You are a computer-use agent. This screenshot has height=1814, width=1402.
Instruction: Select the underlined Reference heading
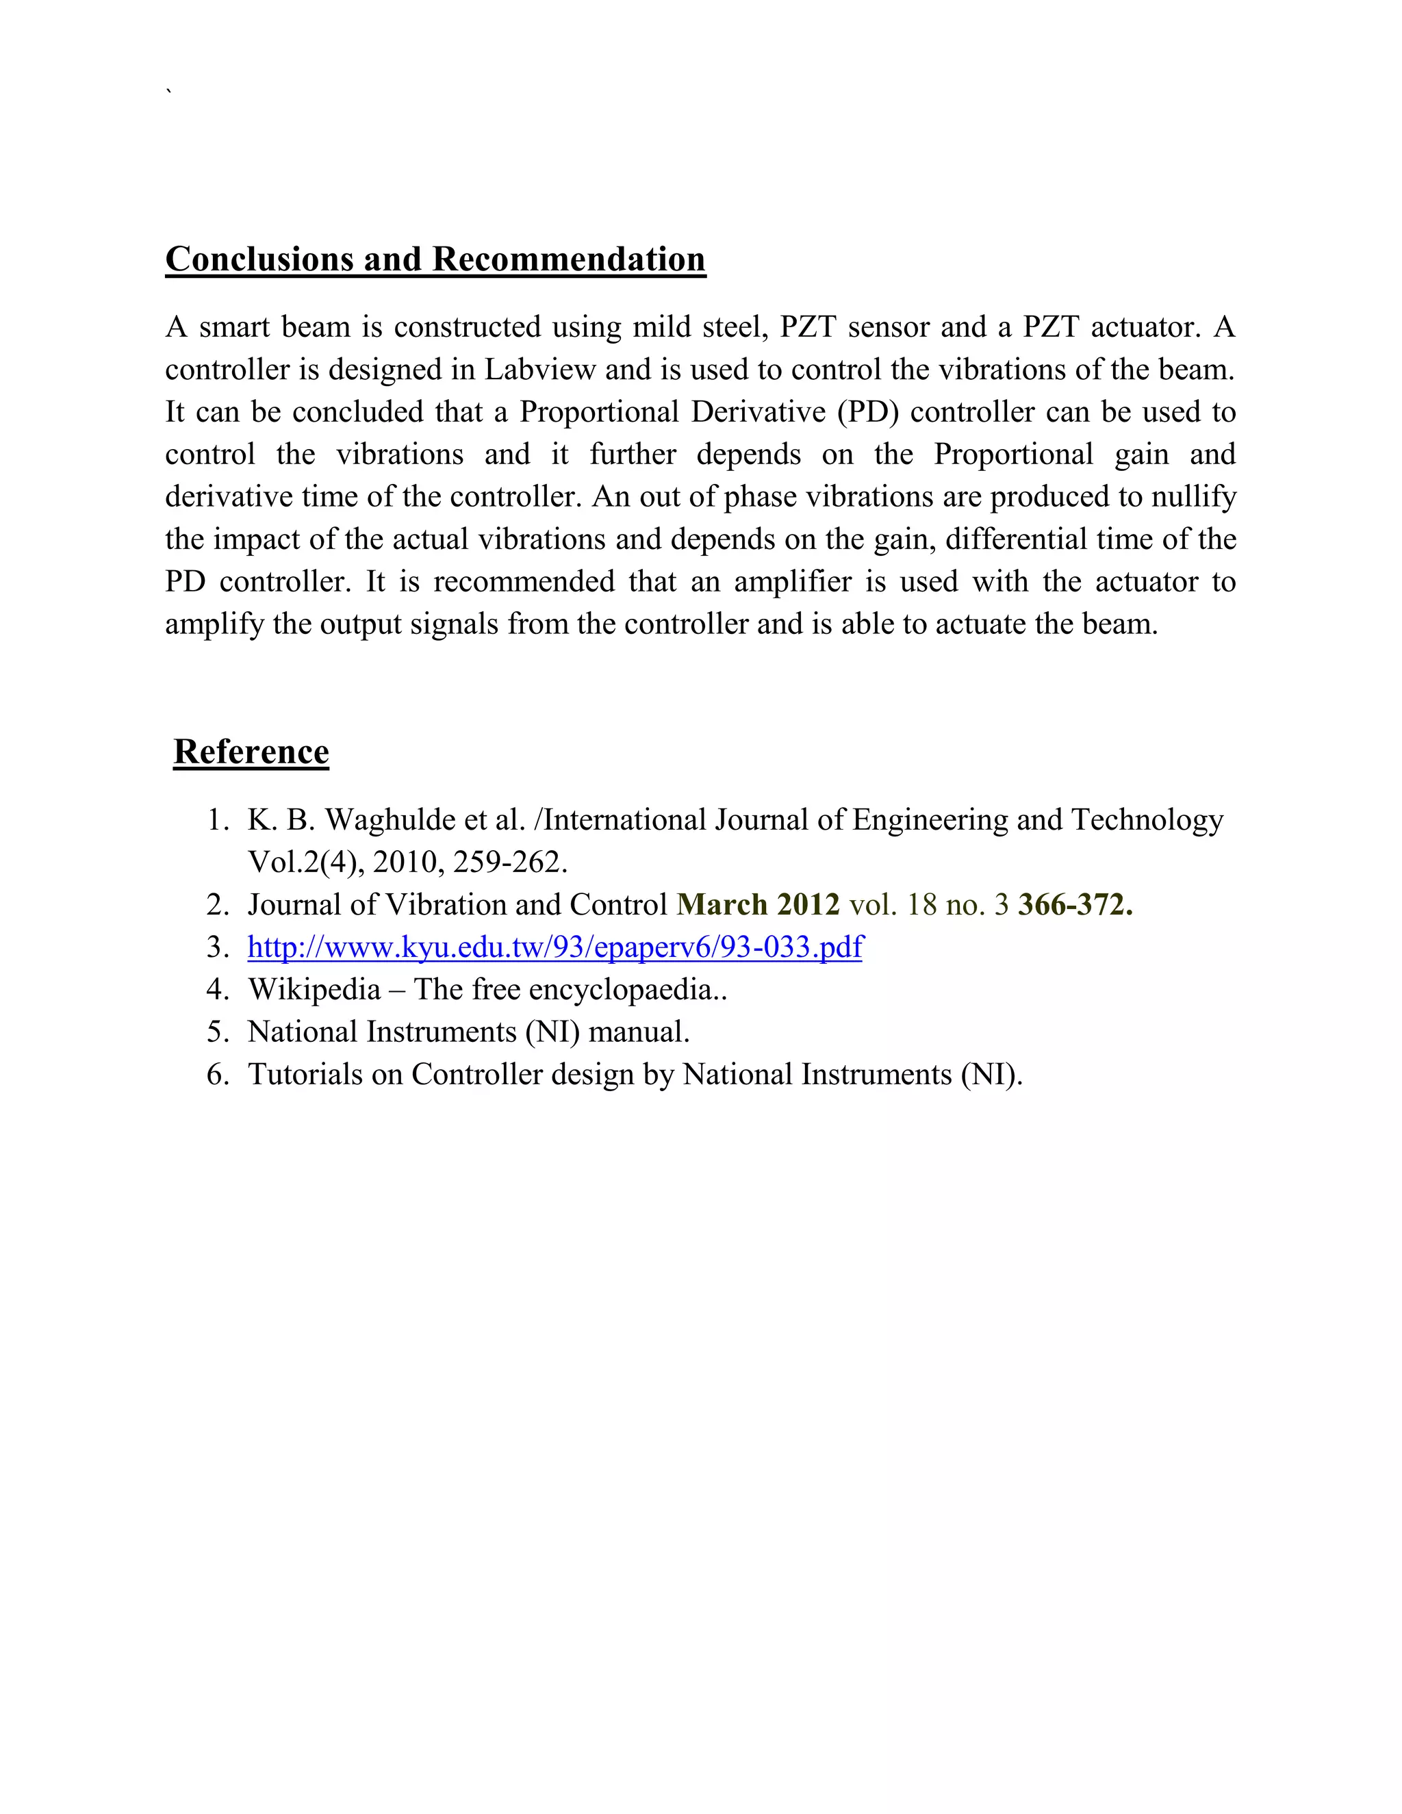click(251, 752)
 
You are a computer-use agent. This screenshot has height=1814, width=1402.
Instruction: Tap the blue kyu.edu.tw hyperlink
click(555, 947)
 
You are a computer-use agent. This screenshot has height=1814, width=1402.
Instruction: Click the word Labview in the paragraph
click(540, 370)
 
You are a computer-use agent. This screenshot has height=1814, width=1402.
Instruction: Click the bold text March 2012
click(759, 904)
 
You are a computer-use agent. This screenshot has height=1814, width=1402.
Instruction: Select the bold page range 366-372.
click(1075, 904)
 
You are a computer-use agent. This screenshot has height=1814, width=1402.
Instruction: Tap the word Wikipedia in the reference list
click(314, 989)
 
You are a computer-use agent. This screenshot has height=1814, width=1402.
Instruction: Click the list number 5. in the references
click(218, 1032)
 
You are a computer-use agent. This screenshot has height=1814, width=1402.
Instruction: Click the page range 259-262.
click(509, 862)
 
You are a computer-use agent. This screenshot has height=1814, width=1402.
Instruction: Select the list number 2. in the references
click(218, 904)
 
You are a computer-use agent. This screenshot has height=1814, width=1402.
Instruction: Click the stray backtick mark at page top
click(170, 90)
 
